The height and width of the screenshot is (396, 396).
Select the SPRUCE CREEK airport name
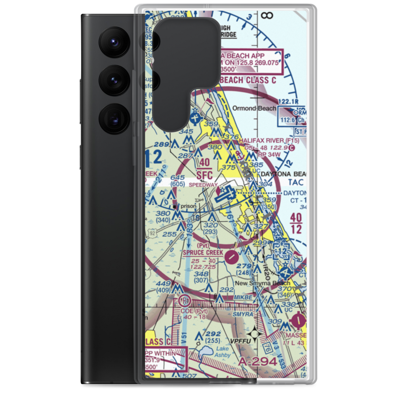tap(202, 252)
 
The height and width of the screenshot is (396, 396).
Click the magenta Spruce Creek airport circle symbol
tap(231, 258)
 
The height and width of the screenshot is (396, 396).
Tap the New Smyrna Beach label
tap(268, 283)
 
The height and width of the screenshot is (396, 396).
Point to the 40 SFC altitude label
tap(204, 169)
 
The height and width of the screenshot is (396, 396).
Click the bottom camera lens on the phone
tap(114, 118)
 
